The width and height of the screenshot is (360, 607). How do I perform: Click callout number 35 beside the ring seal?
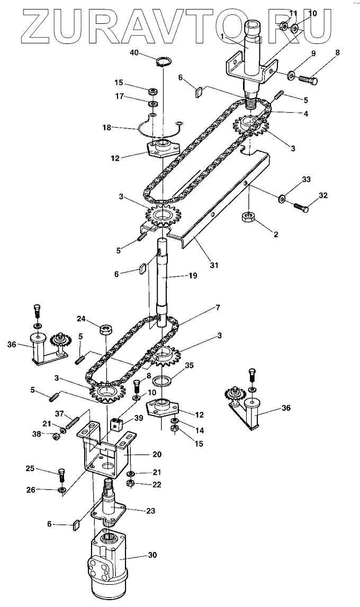point(190,365)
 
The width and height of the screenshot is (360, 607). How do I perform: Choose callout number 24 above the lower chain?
point(80,319)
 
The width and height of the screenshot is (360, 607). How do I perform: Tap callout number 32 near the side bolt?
point(323,195)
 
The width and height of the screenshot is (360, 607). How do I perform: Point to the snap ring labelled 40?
point(164,61)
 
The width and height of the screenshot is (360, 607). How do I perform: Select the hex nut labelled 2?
point(248,216)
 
